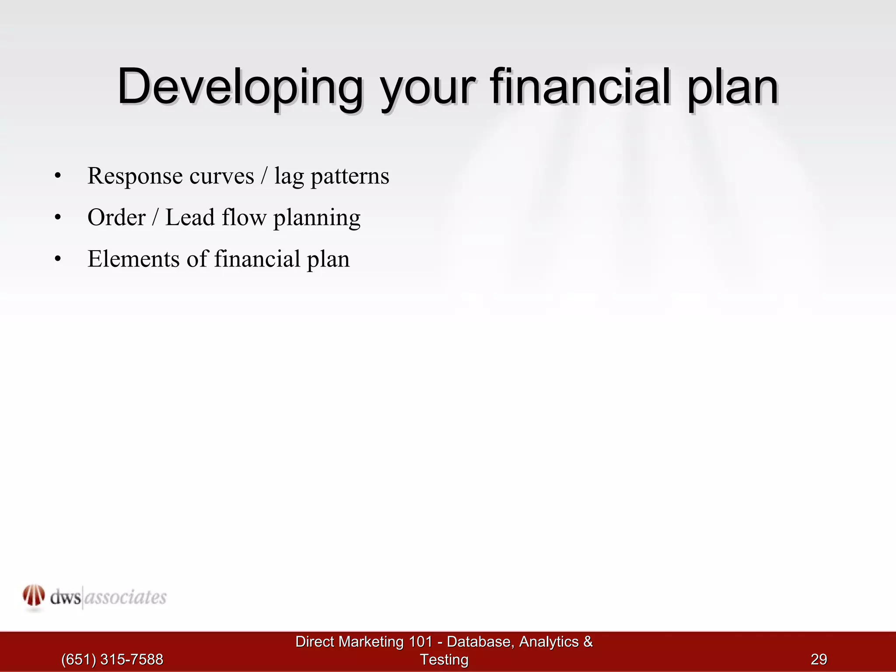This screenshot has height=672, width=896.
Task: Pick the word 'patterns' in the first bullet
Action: pos(350,176)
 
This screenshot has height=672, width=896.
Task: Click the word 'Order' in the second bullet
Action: pos(116,217)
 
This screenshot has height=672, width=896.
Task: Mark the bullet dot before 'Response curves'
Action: pos(58,177)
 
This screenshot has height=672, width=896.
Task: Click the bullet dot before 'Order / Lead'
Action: pos(58,218)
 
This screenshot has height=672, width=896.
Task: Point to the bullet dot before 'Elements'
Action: pos(58,259)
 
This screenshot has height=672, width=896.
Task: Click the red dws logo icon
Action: pos(34,596)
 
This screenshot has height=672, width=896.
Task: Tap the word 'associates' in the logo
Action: pos(125,597)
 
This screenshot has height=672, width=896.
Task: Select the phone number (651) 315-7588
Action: pos(112,659)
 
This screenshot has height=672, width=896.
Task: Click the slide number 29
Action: pos(819,659)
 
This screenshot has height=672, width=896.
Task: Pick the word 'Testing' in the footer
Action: pos(444,659)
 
